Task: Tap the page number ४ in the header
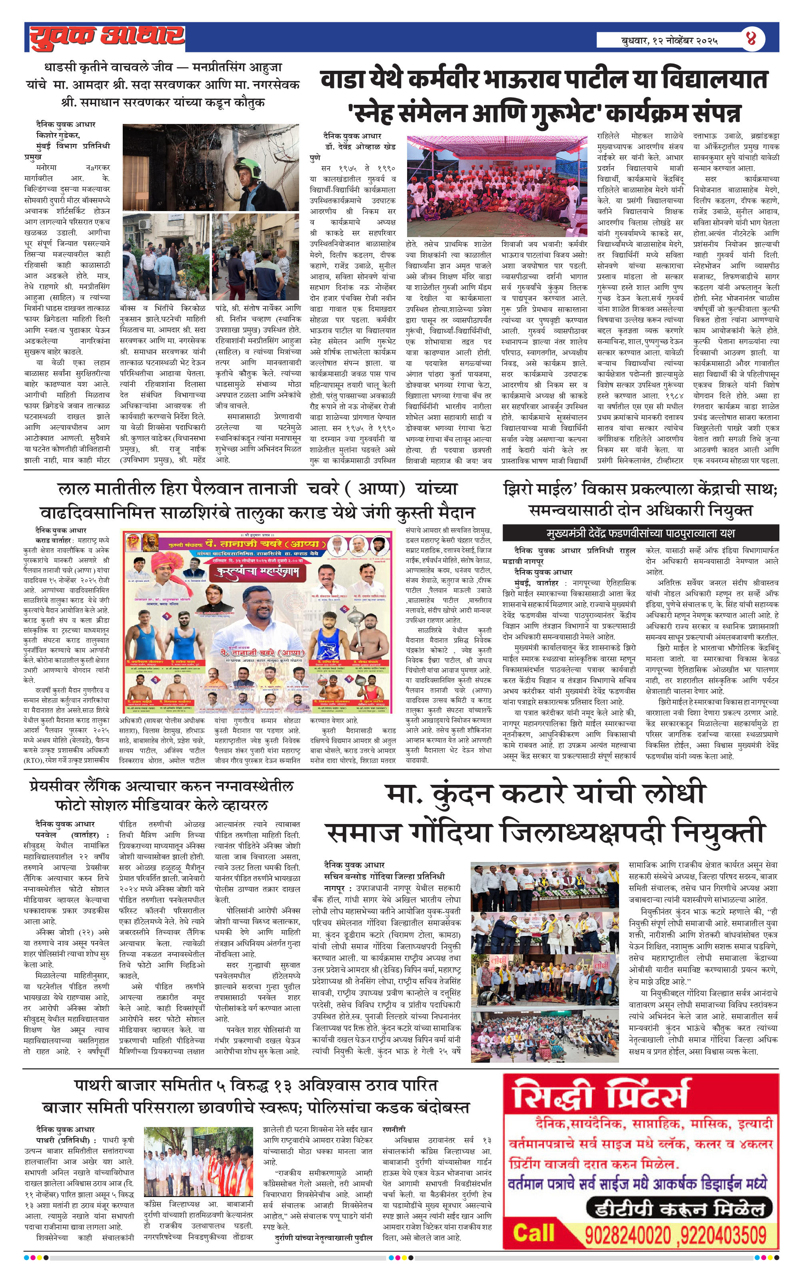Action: coord(751,39)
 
